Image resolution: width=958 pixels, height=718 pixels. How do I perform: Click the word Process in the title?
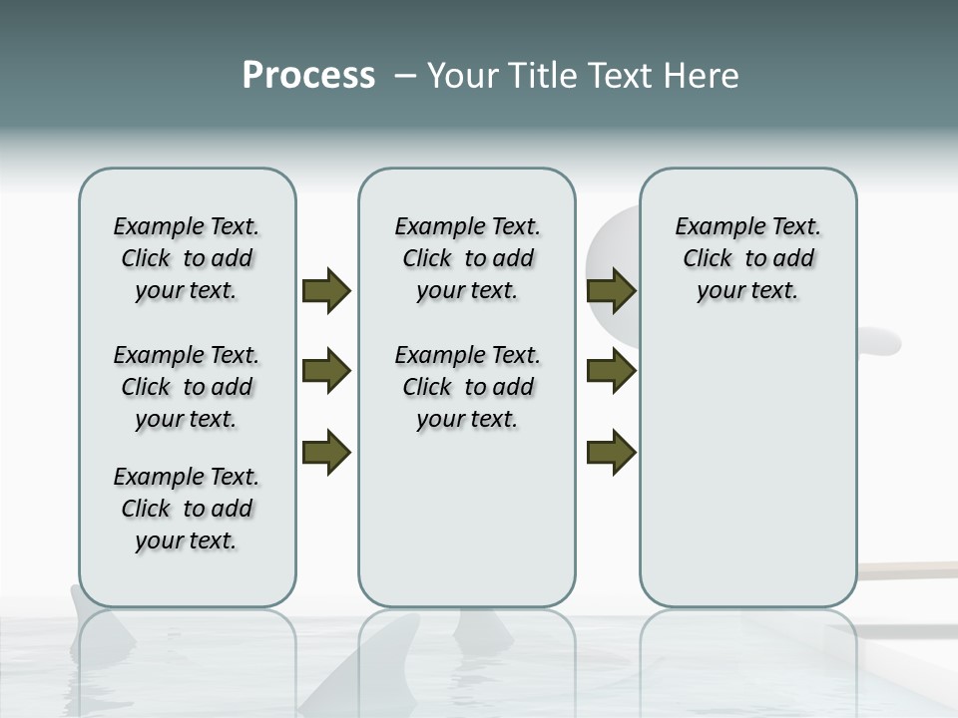tap(308, 76)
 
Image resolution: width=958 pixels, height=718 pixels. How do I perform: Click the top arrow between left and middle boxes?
tap(326, 291)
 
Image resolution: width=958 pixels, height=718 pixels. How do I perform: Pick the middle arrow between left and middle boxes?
tap(326, 372)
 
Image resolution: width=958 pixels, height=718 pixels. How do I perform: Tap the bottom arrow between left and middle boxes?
tap(326, 453)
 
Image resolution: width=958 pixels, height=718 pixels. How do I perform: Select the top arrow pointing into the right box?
tap(611, 291)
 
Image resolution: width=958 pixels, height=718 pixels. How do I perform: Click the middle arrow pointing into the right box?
tap(611, 372)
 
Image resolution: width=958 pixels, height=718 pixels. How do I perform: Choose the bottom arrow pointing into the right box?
tap(611, 453)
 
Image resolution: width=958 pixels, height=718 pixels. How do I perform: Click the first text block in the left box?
tap(187, 258)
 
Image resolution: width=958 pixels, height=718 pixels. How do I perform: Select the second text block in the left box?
tap(187, 387)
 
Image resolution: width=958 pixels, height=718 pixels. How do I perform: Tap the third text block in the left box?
tap(187, 509)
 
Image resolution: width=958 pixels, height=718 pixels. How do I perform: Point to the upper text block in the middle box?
tap(467, 258)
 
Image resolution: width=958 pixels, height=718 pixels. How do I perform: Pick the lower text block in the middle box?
tap(467, 387)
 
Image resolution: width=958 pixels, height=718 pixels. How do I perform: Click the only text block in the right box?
tap(747, 258)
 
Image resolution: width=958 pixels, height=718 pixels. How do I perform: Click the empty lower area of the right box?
tap(747, 469)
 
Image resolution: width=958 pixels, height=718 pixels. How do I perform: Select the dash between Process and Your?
tap(405, 76)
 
